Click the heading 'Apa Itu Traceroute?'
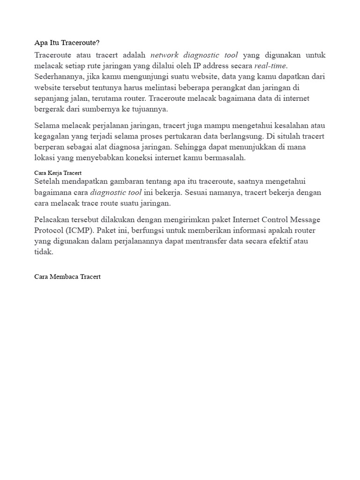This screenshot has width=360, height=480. point(67,43)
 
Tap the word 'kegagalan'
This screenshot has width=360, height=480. point(52,136)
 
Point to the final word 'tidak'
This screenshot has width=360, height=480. point(44,252)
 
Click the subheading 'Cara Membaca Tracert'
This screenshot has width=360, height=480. point(67,277)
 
